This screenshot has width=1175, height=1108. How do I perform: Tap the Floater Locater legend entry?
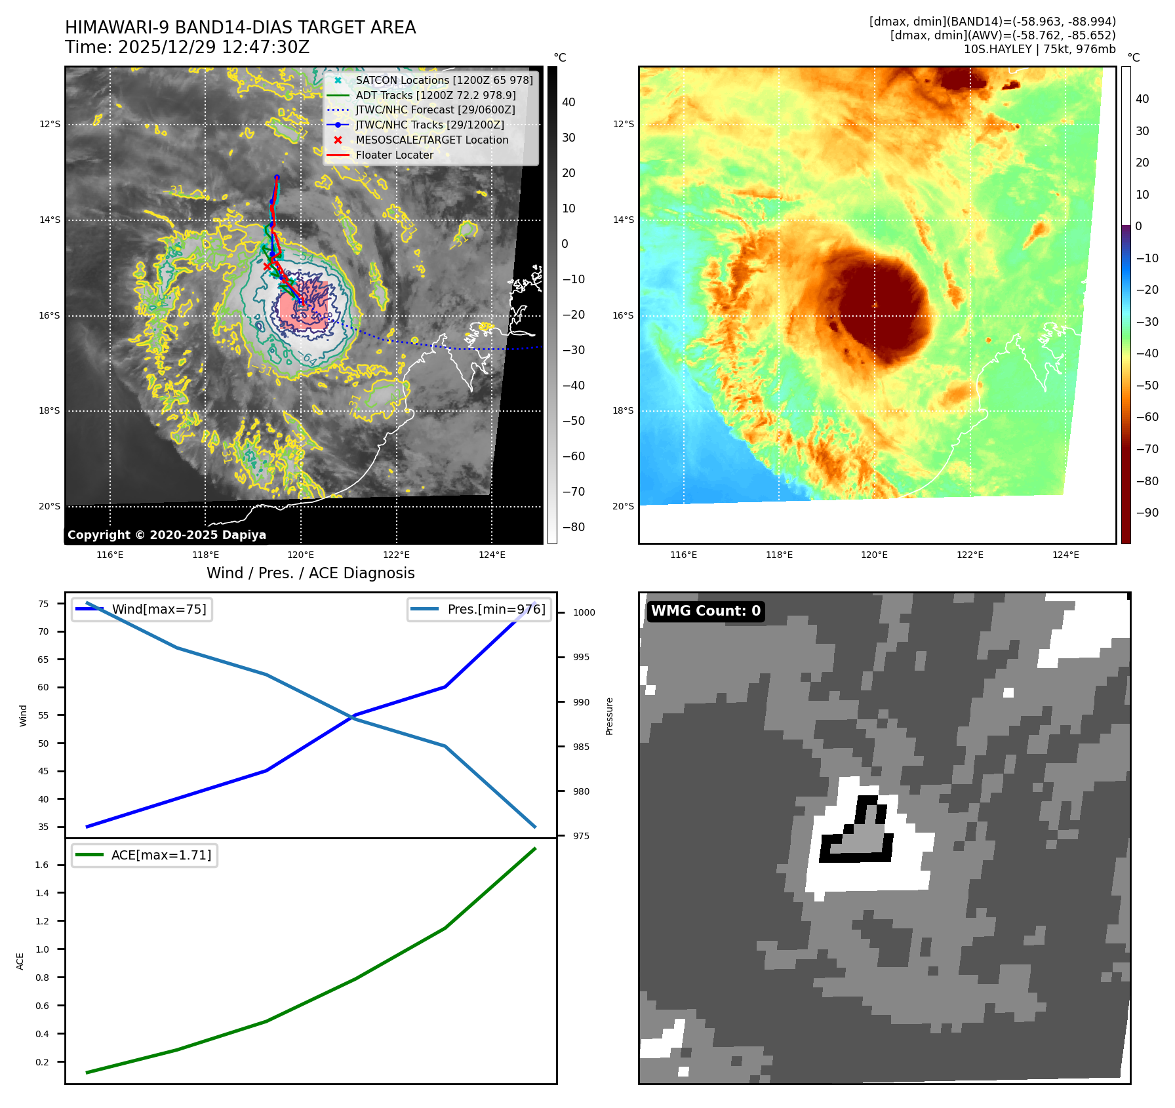tap(394, 155)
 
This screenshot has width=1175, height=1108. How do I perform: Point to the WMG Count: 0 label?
tap(706, 611)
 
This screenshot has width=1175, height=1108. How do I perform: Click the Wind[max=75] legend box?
tap(142, 609)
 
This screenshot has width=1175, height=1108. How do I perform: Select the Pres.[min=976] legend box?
tap(479, 609)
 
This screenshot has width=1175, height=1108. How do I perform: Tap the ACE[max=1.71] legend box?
tap(144, 855)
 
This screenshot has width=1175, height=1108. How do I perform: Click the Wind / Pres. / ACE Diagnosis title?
tap(310, 573)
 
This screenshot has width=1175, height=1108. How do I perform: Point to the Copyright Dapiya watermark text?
tap(167, 535)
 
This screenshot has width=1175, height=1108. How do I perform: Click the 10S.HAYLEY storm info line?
tap(1039, 49)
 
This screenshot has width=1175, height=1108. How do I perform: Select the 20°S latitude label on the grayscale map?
tap(49, 506)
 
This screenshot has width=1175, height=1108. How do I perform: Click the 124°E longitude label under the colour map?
tap(1065, 555)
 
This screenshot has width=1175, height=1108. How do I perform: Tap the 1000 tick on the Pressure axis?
tap(584, 612)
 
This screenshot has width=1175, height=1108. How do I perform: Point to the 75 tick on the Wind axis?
tap(43, 604)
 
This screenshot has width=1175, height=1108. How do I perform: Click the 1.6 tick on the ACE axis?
tap(42, 865)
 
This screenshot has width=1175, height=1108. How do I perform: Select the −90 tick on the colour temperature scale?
tap(1147, 513)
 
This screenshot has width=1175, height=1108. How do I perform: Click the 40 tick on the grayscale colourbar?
tap(568, 102)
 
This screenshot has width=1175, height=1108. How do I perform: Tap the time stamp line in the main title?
tap(187, 47)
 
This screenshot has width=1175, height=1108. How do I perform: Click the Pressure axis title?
tap(609, 716)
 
